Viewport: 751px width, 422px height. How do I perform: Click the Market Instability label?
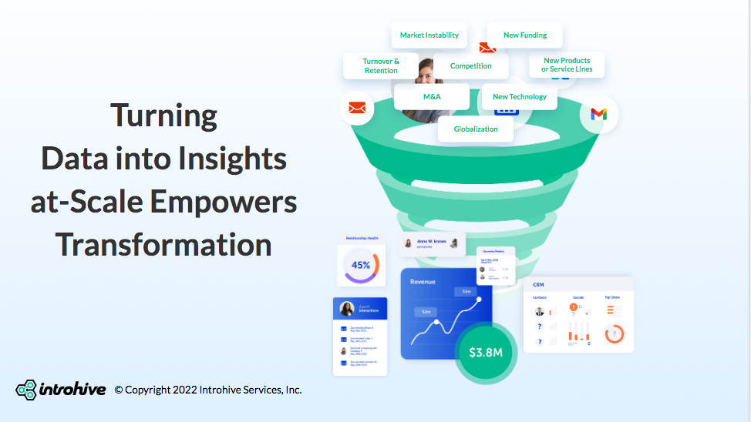(429, 35)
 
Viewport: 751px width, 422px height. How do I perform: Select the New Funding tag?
(524, 35)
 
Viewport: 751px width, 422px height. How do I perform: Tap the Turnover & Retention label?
(381, 65)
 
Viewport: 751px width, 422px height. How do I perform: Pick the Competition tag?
(470, 66)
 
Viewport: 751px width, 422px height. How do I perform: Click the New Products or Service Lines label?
(567, 65)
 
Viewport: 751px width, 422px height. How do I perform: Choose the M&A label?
(432, 97)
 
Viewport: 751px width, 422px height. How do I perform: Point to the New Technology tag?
(519, 97)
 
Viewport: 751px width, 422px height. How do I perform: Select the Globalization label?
(476, 129)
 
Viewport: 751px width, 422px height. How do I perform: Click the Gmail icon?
(598, 114)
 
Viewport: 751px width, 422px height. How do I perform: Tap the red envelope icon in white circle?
(356, 108)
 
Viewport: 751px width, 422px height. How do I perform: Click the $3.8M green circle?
(486, 353)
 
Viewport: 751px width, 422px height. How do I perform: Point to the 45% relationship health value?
(361, 265)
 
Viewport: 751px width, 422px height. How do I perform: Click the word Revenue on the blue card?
(423, 282)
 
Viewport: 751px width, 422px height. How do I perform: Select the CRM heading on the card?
(538, 285)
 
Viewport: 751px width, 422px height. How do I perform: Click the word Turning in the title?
(163, 116)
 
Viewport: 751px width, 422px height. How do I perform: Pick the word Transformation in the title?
(163, 245)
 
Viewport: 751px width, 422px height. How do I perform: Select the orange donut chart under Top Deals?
(614, 334)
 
